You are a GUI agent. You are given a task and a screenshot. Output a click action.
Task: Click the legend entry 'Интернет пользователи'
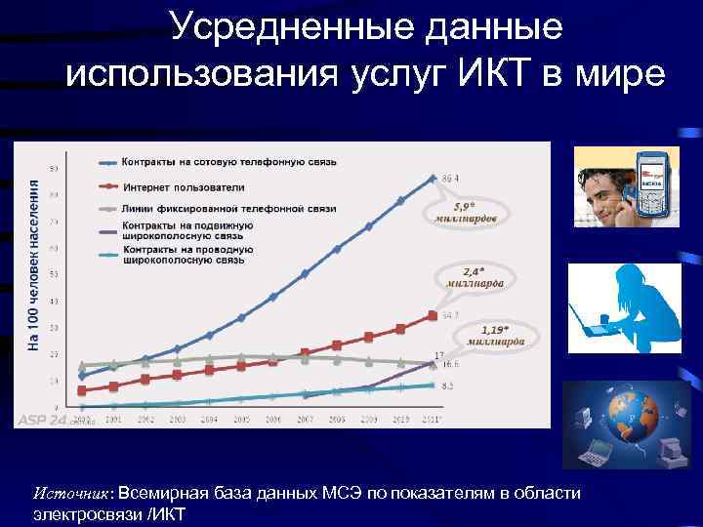(x=184, y=185)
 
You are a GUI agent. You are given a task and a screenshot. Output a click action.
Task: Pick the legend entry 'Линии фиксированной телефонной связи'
(x=228, y=209)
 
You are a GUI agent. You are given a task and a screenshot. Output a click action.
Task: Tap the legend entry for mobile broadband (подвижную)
(x=187, y=230)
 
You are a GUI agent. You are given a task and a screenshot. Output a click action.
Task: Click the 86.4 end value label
(x=450, y=178)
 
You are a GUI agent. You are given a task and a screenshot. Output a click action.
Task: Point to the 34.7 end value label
(x=450, y=315)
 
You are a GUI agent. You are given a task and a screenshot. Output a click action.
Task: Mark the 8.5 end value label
(x=448, y=386)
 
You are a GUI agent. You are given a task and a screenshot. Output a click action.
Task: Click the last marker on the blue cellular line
(x=433, y=179)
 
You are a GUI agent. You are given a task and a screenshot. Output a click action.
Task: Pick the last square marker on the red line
(x=433, y=315)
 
